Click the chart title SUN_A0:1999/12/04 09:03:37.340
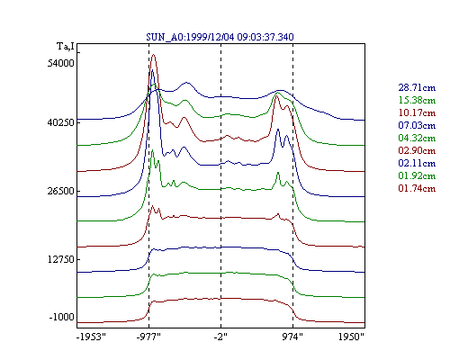point(220,37)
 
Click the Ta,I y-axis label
point(66,47)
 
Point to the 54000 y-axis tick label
point(60,63)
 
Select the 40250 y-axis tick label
point(60,122)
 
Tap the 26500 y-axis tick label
point(60,191)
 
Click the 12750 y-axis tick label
point(60,259)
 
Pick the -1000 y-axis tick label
point(61,317)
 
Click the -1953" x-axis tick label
point(91,337)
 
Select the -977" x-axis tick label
point(148,337)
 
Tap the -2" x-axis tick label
point(220,337)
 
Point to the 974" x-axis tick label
point(292,337)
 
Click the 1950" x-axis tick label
point(351,337)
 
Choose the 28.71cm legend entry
point(417,87)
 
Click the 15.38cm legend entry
point(417,100)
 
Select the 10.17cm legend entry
point(417,112)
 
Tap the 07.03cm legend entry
point(417,125)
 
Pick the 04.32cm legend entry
point(417,138)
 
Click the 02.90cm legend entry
point(417,150)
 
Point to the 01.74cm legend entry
point(417,188)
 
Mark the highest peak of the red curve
point(154,55)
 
